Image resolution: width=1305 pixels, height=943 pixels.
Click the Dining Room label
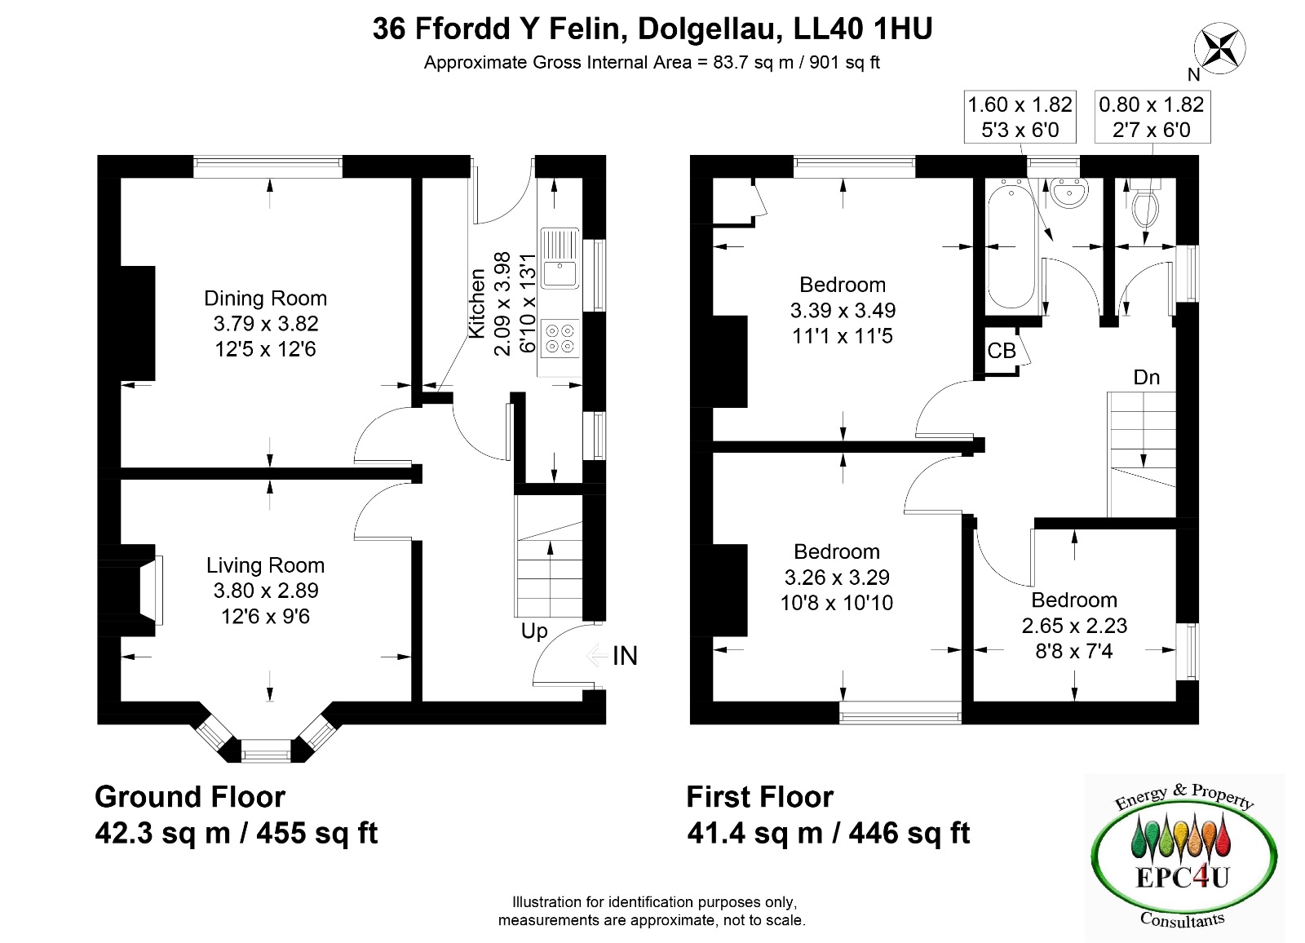click(x=265, y=299)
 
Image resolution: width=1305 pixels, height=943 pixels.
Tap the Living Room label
click(x=265, y=565)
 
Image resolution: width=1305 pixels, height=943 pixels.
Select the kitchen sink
click(x=560, y=259)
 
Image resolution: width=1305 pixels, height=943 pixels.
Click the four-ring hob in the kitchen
click(x=560, y=339)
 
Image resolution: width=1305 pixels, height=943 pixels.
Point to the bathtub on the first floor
click(x=1011, y=246)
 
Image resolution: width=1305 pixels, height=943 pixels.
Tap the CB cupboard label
click(x=1001, y=351)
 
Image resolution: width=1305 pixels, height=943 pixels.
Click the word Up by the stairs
click(x=534, y=631)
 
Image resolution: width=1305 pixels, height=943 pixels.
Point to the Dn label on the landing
click(x=1146, y=378)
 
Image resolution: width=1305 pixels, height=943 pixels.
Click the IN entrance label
click(x=625, y=656)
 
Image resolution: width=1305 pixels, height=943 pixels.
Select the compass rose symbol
click(x=1219, y=48)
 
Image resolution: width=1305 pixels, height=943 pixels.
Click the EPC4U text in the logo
click(x=1183, y=877)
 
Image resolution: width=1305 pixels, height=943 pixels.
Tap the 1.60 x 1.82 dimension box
click(x=1020, y=117)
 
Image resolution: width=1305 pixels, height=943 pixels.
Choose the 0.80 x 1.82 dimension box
click(x=1152, y=117)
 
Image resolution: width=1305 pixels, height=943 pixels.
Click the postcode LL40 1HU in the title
click(x=863, y=29)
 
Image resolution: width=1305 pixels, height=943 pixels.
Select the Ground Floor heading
click(x=190, y=797)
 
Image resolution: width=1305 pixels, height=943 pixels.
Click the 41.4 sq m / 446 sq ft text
click(x=829, y=833)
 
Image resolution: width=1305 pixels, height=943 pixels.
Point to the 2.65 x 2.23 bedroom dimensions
click(x=1074, y=626)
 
